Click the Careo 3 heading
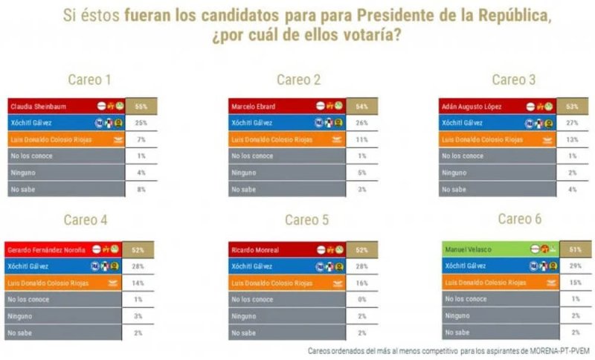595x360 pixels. [x=513, y=80]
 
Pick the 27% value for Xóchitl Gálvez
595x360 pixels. [x=571, y=123]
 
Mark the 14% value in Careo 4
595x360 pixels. [x=139, y=283]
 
